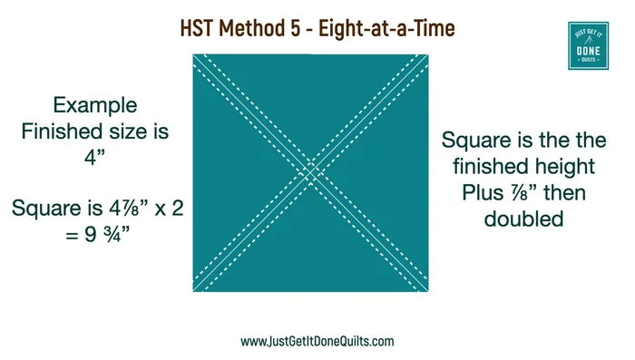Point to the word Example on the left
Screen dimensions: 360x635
pos(95,104)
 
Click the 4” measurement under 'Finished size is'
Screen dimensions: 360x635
pos(95,157)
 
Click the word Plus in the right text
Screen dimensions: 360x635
pos(484,193)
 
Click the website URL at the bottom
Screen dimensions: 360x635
pos(317,342)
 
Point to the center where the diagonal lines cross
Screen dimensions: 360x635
pos(310,171)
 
